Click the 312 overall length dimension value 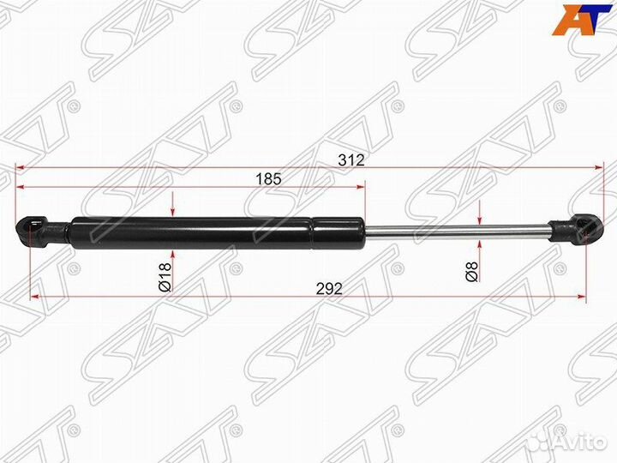click(350, 159)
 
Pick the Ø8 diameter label click(470, 272)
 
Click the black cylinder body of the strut click(214, 231)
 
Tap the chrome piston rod click(454, 229)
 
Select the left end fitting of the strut click(39, 231)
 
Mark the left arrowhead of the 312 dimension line click(21, 168)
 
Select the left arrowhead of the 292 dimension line click(36, 297)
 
